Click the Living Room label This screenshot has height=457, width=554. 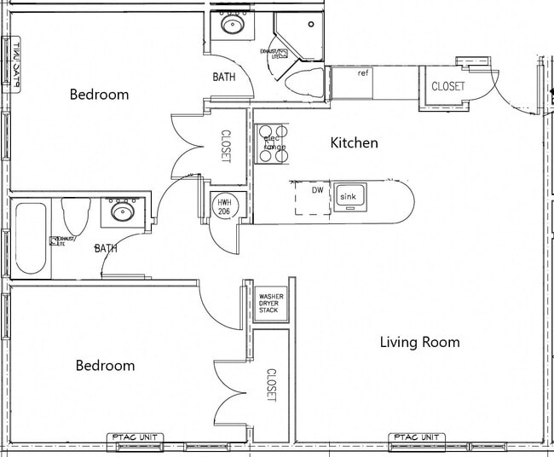click(x=419, y=343)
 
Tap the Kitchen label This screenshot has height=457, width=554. click(x=354, y=143)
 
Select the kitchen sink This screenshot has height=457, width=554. click(x=349, y=198)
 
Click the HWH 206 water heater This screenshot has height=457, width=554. click(x=224, y=207)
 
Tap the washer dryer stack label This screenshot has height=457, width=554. click(x=269, y=304)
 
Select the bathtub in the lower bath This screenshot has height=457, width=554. click(x=31, y=238)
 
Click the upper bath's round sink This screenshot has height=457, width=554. click(x=231, y=24)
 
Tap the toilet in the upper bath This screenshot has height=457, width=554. click(x=304, y=84)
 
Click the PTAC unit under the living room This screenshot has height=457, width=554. click(x=417, y=438)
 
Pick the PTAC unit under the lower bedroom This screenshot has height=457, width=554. click(x=134, y=438)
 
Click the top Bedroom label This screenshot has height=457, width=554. click(x=99, y=95)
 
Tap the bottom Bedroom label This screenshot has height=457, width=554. click(x=105, y=366)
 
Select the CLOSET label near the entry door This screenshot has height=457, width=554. click(x=447, y=86)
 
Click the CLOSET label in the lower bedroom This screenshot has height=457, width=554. click(x=271, y=385)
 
